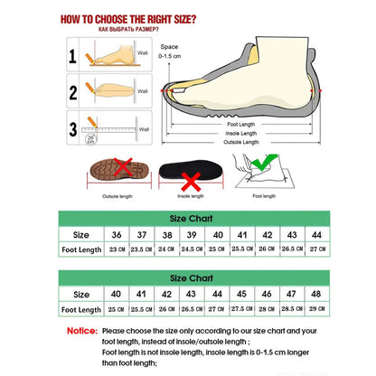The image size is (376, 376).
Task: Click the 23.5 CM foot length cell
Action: (141, 249)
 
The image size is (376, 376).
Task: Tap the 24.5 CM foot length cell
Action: (193, 249)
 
